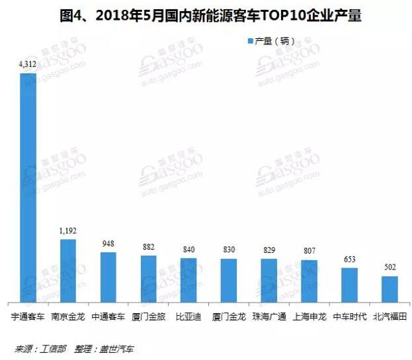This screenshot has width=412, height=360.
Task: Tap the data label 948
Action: pyautogui.click(x=108, y=244)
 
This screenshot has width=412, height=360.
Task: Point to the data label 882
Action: pyautogui.click(x=148, y=247)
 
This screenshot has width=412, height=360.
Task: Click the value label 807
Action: pyautogui.click(x=309, y=251)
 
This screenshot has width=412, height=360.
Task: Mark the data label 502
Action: pyautogui.click(x=390, y=268)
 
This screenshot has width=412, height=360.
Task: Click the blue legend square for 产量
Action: pyautogui.click(x=250, y=41)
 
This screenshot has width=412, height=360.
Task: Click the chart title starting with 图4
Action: pyautogui.click(x=206, y=15)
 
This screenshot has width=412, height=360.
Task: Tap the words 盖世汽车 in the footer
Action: pyautogui.click(x=117, y=348)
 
